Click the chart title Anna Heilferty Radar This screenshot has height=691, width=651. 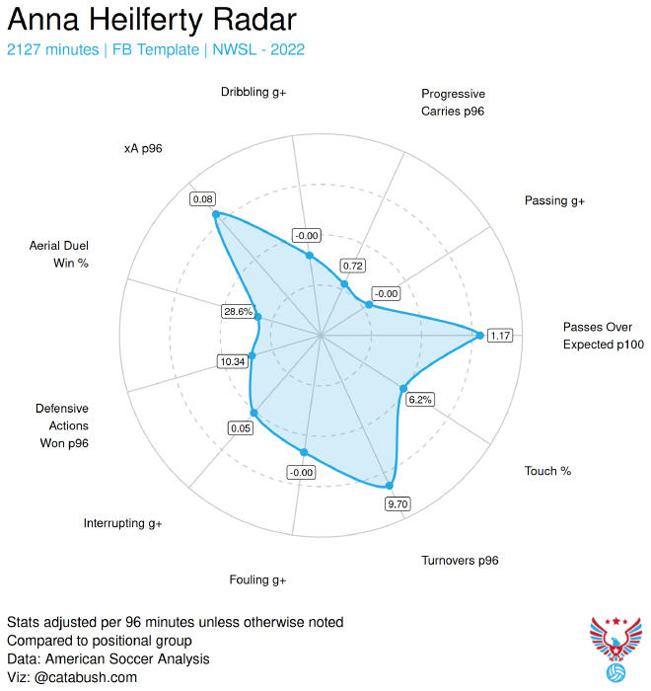coord(151,21)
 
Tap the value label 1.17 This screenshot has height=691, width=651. coord(500,336)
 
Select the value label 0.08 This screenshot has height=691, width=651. coord(203,199)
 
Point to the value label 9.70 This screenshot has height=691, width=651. coord(398,504)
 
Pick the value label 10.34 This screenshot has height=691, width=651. coord(233,361)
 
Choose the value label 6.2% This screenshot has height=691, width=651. coord(420,400)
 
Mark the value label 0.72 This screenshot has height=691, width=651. coord(352,266)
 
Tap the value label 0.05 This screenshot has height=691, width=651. coord(240,428)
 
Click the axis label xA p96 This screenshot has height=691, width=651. coord(143,148)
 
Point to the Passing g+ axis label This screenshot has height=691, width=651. coord(554,200)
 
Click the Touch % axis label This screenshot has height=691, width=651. coord(547,471)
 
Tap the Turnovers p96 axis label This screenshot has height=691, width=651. coord(460,560)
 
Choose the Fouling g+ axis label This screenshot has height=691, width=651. coord(257,579)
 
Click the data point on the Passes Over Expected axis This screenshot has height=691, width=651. coord(480,336)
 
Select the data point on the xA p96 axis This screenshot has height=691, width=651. coord(216,214)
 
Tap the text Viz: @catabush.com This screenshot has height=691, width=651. coord(72,677)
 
